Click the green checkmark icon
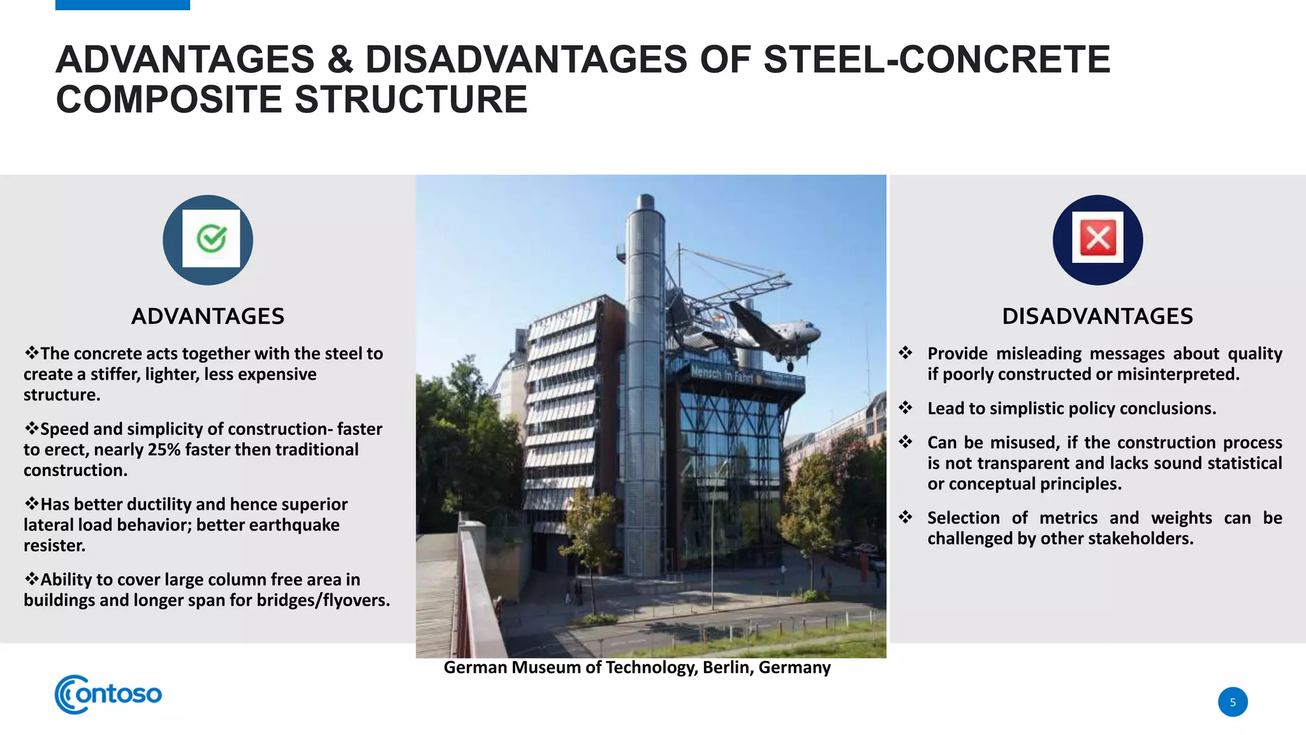pyautogui.click(x=211, y=239)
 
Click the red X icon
pyautogui.click(x=1097, y=238)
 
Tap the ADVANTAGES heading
pyautogui.click(x=208, y=316)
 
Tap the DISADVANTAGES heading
pyautogui.click(x=1097, y=316)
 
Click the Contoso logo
pyautogui.click(x=108, y=694)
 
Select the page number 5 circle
pyautogui.click(x=1233, y=702)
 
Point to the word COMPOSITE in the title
pyautogui.click(x=169, y=100)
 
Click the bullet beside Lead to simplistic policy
pyautogui.click(x=906, y=408)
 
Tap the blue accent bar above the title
pyautogui.click(x=122, y=5)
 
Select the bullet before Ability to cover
pyautogui.click(x=31, y=579)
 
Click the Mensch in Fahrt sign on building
pyautogui.click(x=722, y=373)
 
